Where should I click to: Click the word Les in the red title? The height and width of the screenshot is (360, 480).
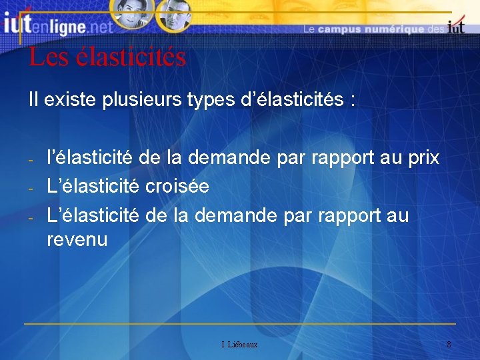coord(49,57)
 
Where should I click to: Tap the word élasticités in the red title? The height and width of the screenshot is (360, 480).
coord(131,57)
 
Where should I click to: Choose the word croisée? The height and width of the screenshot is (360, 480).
coord(177,187)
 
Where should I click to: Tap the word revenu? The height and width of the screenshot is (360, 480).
coord(77,239)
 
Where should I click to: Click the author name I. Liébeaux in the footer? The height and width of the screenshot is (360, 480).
coord(239,345)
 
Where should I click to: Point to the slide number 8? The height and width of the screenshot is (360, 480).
coord(449,345)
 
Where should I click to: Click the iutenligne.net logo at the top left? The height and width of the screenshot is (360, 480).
coord(57,26)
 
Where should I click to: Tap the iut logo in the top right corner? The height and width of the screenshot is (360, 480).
coord(456,27)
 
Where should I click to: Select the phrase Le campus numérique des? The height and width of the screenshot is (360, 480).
coord(373,29)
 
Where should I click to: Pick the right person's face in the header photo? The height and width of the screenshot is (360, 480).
coord(175,15)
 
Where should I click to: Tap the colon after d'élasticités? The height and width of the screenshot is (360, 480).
coord(351,102)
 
